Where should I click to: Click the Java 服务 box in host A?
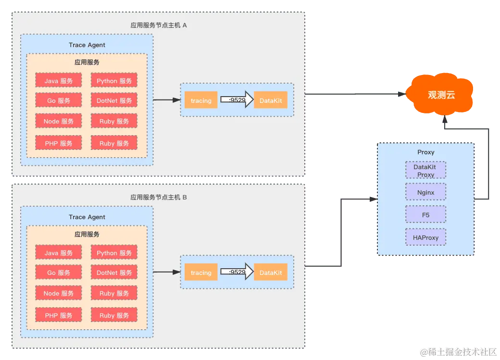[x=59, y=81]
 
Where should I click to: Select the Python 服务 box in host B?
[x=114, y=253]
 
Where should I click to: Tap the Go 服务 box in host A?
[x=59, y=100]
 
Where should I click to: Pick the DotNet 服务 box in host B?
[x=114, y=273]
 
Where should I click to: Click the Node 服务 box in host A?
[x=59, y=121]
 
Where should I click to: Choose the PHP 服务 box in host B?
[x=59, y=315]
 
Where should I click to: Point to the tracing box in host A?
[x=201, y=100]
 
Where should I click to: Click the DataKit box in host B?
[x=271, y=273]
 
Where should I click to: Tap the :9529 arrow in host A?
[x=237, y=100]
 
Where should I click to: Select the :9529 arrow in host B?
[x=237, y=272]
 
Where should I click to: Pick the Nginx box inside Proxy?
[x=425, y=192]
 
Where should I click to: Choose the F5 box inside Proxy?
[x=425, y=215]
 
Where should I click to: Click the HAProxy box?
[x=425, y=237]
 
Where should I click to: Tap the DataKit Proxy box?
[x=425, y=171]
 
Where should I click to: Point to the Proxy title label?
[x=425, y=152]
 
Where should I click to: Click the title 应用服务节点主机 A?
[x=159, y=25]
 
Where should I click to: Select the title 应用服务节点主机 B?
[x=159, y=197]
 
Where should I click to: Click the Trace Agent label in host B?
[x=87, y=217]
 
